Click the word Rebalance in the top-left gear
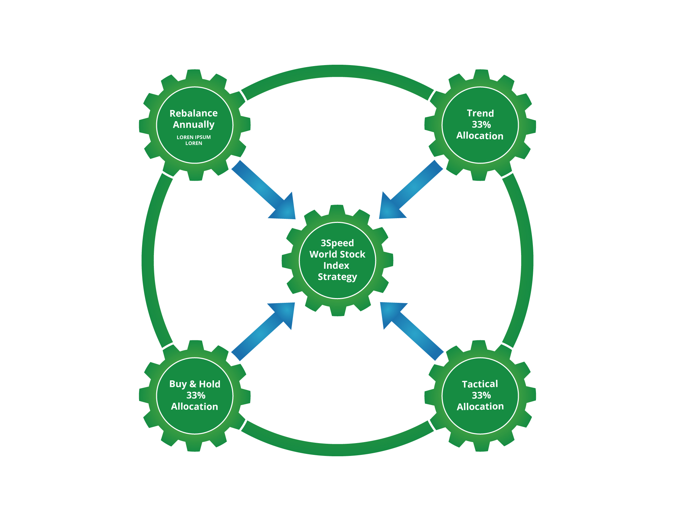(x=193, y=113)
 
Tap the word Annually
(x=193, y=125)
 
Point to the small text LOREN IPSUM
(x=193, y=137)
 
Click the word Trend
(x=480, y=113)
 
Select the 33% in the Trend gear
(x=481, y=125)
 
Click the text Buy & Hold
(x=194, y=384)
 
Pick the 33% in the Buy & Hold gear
(x=195, y=395)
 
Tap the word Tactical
(x=480, y=384)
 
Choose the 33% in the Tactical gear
(x=481, y=395)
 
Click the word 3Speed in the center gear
(x=337, y=243)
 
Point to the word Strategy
(x=337, y=277)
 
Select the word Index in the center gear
(x=336, y=266)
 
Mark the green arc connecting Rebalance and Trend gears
(x=337, y=71)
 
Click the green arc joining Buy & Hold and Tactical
(x=337, y=450)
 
